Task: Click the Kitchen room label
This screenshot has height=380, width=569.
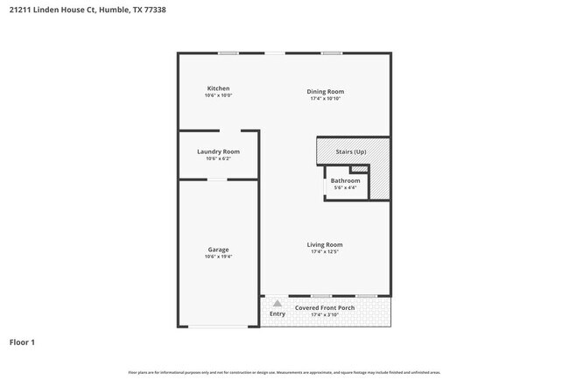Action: (218, 88)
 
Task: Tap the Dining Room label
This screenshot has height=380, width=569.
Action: (325, 91)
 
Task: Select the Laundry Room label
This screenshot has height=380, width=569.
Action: (218, 151)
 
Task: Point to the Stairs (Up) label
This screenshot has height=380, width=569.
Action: (351, 152)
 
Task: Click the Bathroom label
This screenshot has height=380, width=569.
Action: (345, 180)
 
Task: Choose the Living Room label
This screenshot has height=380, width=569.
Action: (324, 244)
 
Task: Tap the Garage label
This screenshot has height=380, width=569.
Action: (218, 250)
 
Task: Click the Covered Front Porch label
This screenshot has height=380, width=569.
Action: (325, 307)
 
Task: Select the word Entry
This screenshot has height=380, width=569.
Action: (277, 313)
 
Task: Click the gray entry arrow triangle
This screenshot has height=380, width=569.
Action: (277, 303)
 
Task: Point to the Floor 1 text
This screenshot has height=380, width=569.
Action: (22, 341)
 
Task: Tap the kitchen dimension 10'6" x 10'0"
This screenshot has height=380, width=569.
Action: (218, 95)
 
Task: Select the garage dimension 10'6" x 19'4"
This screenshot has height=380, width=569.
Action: (218, 257)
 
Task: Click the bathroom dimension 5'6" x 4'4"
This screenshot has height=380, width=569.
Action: (345, 187)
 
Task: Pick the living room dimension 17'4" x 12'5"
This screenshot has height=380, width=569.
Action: (324, 251)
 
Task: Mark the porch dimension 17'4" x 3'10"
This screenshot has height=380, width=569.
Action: (325, 314)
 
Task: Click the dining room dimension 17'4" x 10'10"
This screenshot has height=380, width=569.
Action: (325, 98)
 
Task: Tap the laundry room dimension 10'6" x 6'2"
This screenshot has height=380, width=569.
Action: (218, 158)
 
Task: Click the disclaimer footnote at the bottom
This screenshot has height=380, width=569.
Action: (284, 372)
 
